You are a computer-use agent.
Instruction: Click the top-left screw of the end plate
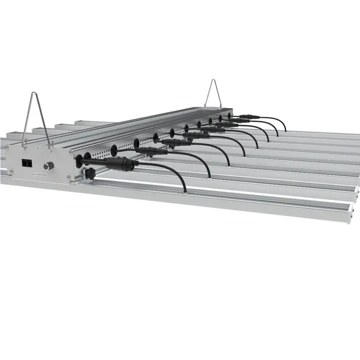[x=22, y=148]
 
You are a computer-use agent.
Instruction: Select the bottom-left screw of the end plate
[x=22, y=177]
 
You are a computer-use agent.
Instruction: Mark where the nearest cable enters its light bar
[x=184, y=192]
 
